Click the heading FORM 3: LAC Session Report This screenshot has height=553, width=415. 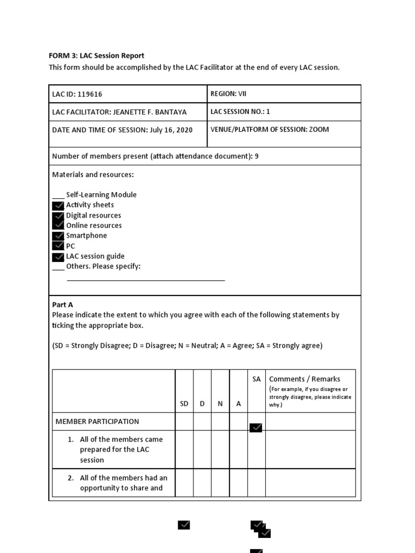pyautogui.click(x=97, y=56)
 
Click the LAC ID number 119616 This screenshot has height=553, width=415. pyautogui.click(x=90, y=94)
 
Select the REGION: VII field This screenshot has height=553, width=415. pyautogui.click(x=228, y=93)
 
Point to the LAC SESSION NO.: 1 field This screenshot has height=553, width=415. pyautogui.click(x=240, y=111)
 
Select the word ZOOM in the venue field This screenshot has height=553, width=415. pyautogui.click(x=318, y=129)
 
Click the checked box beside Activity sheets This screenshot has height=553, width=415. pyautogui.click(x=58, y=205)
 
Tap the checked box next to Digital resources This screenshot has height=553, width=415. pyautogui.click(x=58, y=215)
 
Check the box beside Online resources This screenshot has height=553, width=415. pyautogui.click(x=58, y=225)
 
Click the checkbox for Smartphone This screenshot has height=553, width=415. pyautogui.click(x=58, y=236)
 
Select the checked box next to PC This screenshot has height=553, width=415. pyautogui.click(x=58, y=246)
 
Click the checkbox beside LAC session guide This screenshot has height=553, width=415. pyautogui.click(x=58, y=257)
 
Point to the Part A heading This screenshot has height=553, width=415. pyautogui.click(x=62, y=305)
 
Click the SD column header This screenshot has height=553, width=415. pyautogui.click(x=184, y=403)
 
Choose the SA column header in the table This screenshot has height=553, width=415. pyautogui.click(x=256, y=379)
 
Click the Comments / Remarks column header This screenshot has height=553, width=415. pyautogui.click(x=304, y=379)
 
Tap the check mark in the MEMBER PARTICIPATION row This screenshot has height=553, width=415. pyautogui.click(x=256, y=427)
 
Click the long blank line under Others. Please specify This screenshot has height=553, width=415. pyautogui.click(x=145, y=280)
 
